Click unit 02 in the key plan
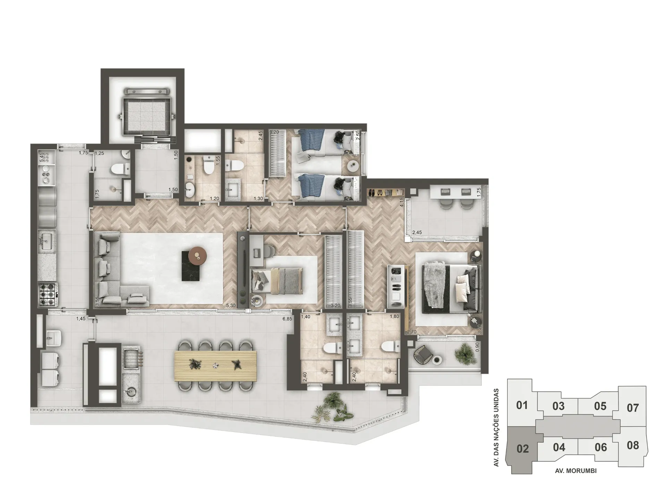[522, 449]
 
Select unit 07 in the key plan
[632, 408]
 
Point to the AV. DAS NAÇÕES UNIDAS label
[496, 427]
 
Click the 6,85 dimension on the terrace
[287, 318]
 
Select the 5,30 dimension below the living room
[231, 306]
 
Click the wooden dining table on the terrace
[217, 366]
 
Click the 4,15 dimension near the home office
[402, 202]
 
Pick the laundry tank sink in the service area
[54, 338]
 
